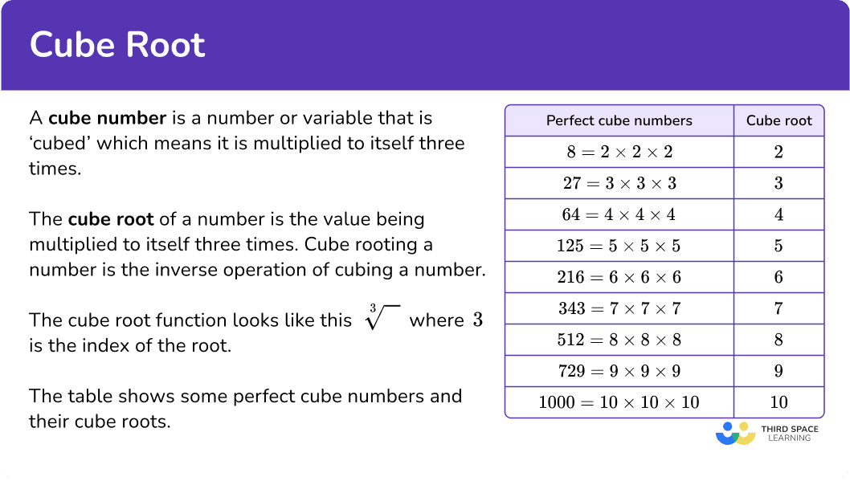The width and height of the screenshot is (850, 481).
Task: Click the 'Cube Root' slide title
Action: [117, 44]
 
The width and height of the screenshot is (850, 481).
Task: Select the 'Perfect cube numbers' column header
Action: [619, 120]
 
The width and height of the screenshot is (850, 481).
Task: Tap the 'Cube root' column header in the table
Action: [779, 120]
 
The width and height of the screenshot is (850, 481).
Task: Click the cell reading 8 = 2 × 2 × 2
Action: [619, 152]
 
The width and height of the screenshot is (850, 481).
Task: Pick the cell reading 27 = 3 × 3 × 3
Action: [619, 183]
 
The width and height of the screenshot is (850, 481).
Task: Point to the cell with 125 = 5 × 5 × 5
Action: [619, 246]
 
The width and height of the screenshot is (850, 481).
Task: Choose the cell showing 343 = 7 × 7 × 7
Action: [619, 308]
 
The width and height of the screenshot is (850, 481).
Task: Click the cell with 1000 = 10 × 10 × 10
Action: [619, 402]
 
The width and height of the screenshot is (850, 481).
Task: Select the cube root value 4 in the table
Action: [779, 214]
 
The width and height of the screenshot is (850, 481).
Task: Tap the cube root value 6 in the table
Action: [779, 277]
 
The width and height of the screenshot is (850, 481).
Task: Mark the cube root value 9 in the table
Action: [779, 371]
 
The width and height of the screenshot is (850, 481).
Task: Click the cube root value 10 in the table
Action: [779, 402]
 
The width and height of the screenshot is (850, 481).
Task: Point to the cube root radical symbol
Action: [382, 317]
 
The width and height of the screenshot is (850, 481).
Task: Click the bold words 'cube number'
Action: [108, 118]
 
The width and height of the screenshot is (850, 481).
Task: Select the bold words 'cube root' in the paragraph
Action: [111, 219]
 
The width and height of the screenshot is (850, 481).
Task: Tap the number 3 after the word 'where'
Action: [477, 320]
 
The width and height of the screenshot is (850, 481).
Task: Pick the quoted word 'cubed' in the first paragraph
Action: [59, 144]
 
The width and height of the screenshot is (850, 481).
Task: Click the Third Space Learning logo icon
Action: [736, 434]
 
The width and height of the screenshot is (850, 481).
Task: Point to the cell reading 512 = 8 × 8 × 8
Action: [619, 340]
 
